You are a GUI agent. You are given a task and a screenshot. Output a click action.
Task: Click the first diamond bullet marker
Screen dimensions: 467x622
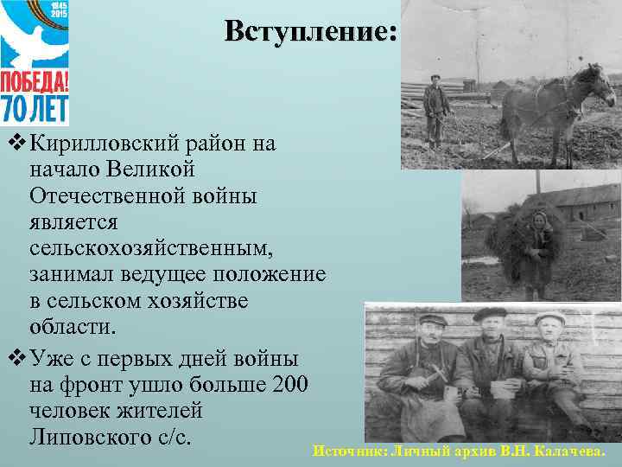[x=10, y=143]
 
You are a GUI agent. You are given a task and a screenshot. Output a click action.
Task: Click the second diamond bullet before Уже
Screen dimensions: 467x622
[x=10, y=356]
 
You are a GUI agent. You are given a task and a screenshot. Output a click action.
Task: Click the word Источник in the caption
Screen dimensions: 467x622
[x=349, y=451]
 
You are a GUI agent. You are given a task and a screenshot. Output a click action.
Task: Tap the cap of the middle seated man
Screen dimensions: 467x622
[x=490, y=313]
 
